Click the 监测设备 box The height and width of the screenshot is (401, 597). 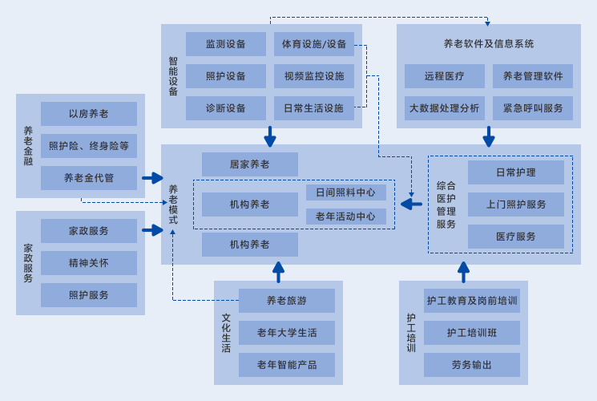[x=225, y=44]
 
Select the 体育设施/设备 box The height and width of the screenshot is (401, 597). [x=314, y=44]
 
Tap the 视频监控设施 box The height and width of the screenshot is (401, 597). [x=314, y=76]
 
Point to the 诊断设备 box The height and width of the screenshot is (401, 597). [x=225, y=108]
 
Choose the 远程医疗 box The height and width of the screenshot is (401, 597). [x=445, y=76]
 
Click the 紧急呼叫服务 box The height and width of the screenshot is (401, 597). [x=533, y=108]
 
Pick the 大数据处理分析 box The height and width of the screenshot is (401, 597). [x=445, y=108]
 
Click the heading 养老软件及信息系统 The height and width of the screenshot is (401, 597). [x=489, y=43]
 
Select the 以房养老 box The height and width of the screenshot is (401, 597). [x=88, y=114]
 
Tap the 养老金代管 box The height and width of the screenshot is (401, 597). [x=88, y=178]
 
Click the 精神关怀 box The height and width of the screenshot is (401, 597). [x=88, y=263]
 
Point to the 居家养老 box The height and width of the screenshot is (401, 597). [x=249, y=164]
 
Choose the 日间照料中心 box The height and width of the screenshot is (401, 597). [x=345, y=192]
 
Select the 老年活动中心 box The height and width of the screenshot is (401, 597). [x=345, y=217]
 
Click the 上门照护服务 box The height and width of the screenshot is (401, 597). [x=516, y=205]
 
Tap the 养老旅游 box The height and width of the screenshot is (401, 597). [x=286, y=301]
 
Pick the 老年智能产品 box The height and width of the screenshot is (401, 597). [x=286, y=365]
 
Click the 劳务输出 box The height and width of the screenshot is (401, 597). [x=471, y=365]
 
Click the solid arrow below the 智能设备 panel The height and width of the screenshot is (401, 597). [x=270, y=137]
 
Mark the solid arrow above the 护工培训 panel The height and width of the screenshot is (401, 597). [x=463, y=272]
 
